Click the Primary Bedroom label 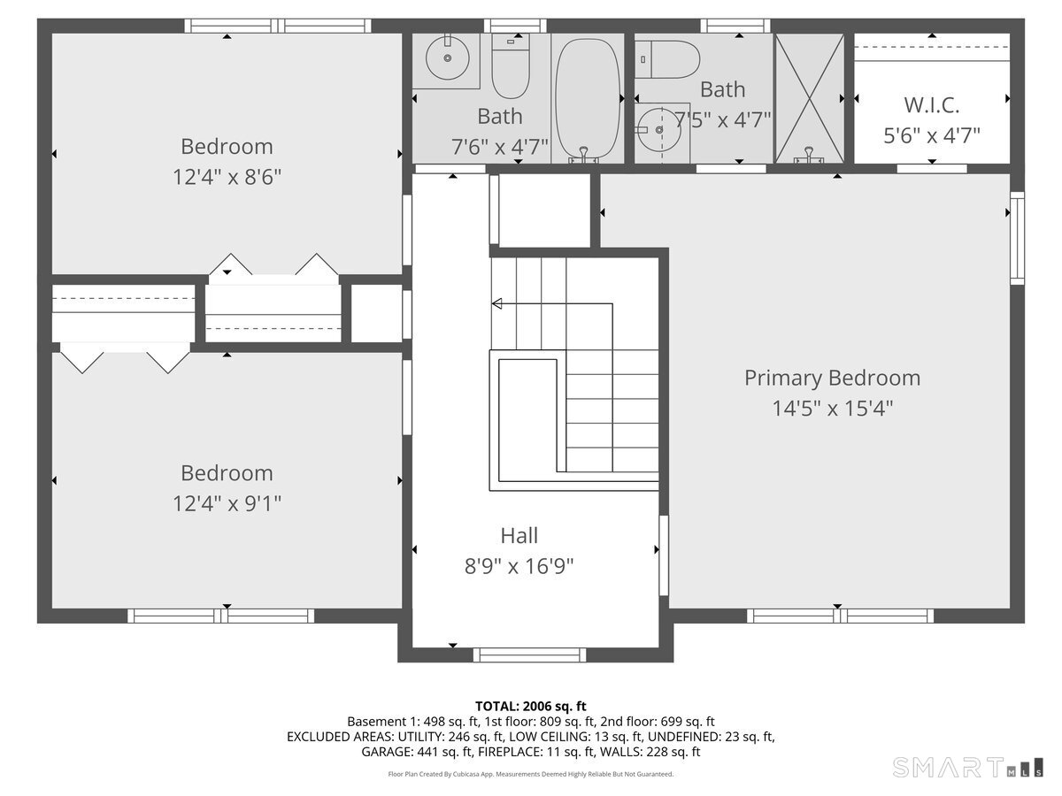pos(832,378)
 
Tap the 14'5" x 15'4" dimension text pos(832,409)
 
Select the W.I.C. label pos(931,105)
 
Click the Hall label pos(519,535)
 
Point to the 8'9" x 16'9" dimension pos(519,566)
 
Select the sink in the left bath pos(448,58)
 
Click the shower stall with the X pos(809,97)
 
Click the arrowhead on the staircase pos(497,304)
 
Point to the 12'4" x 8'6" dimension pos(227,177)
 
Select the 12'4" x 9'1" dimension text pos(227,503)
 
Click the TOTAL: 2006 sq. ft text pos(531,706)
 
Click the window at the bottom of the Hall pos(529,654)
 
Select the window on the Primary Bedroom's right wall pos(1018,238)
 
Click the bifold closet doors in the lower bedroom pos(124,361)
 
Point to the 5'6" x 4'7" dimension pos(931,135)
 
